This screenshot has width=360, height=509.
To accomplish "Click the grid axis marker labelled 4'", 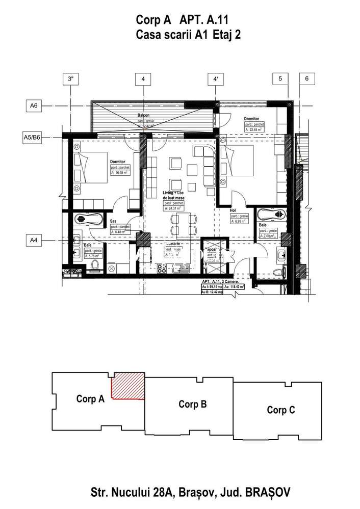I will [x=216, y=79].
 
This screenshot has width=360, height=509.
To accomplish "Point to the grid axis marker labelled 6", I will [x=306, y=79].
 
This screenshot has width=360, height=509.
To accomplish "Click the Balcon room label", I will [x=143, y=116].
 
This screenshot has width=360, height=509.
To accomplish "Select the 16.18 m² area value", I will [x=118, y=173].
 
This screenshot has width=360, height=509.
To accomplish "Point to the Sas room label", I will [x=113, y=221].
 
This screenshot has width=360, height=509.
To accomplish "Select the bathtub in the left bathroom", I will [x=89, y=220].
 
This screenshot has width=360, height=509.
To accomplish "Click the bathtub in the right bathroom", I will [x=270, y=213].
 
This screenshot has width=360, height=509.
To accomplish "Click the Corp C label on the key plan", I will [x=280, y=410].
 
